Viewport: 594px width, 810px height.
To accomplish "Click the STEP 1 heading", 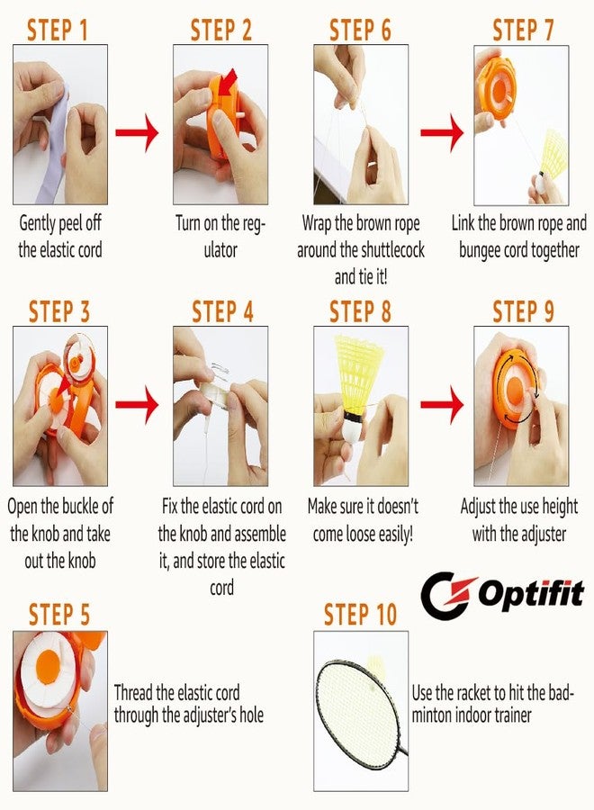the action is click(x=58, y=30).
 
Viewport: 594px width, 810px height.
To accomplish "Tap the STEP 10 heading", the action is click(x=360, y=614).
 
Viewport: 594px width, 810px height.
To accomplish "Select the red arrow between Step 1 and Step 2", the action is click(x=137, y=133).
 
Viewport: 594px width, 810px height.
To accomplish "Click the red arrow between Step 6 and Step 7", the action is click(x=442, y=133).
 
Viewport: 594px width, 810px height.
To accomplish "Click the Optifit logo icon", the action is click(x=447, y=595).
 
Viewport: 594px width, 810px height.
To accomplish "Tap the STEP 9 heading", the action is click(x=523, y=312).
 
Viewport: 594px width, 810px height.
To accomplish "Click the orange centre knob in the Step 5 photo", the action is click(x=49, y=667).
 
